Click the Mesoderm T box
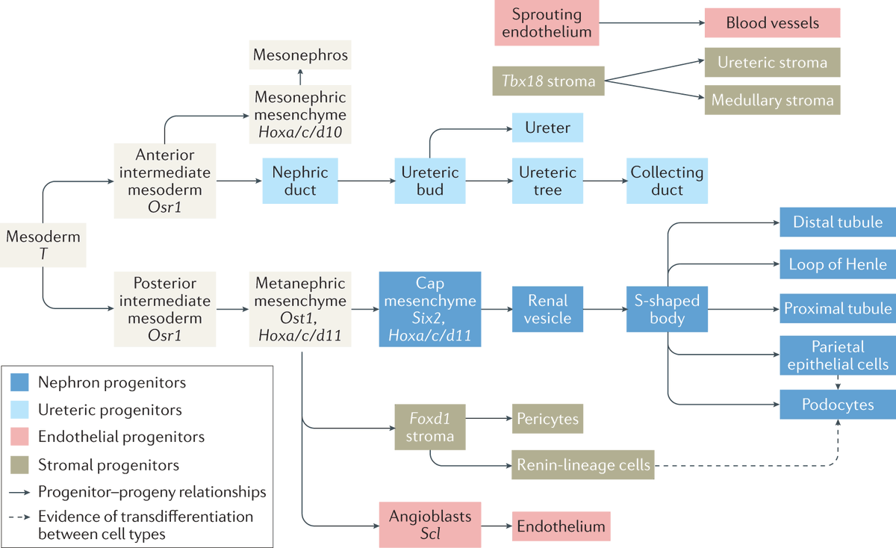[43, 245]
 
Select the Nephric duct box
[294, 181]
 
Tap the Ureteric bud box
[430, 181]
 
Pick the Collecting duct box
[667, 181]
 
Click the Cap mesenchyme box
[429, 309]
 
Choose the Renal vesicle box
[547, 309]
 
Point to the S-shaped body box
[666, 309]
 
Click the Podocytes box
[838, 404]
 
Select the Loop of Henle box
[838, 264]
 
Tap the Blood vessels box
[772, 23]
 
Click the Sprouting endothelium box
[546, 22]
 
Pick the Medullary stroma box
[772, 100]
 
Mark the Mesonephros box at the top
[300, 55]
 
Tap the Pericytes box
[547, 419]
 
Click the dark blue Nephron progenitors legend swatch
[20, 383]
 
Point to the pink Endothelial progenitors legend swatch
[20, 437]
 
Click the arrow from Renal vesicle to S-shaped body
[605, 309]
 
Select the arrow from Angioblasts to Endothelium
[497, 526]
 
